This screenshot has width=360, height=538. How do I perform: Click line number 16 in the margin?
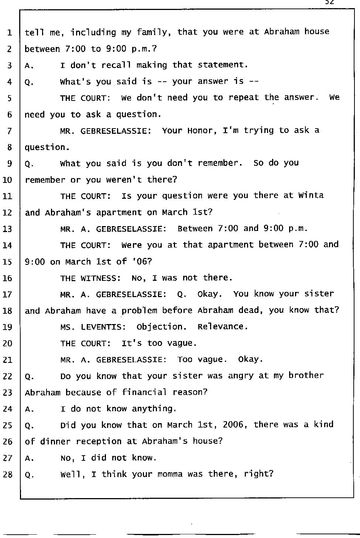(7, 278)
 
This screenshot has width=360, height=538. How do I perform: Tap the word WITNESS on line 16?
(100, 278)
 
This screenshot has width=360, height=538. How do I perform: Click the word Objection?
(161, 327)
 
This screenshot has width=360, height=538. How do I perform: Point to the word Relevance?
(223, 327)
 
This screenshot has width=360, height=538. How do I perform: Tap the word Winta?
(311, 195)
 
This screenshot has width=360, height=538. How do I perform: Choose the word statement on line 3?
(223, 65)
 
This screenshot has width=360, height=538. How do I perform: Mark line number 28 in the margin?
(7, 474)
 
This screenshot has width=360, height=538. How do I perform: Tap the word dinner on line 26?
(55, 442)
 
